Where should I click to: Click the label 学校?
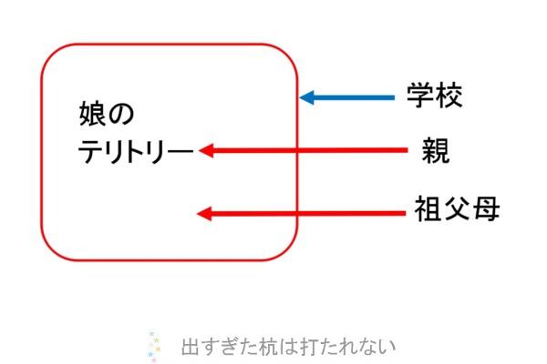click(x=435, y=95)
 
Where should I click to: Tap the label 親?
click(x=436, y=150)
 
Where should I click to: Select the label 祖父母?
click(x=457, y=208)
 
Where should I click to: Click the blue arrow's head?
click(x=307, y=97)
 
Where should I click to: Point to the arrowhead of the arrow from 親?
click(x=206, y=150)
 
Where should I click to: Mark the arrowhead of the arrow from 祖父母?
click(x=204, y=213)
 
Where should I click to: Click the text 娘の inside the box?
click(x=107, y=114)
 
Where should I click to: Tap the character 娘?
click(x=92, y=114)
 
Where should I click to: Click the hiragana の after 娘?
click(x=121, y=115)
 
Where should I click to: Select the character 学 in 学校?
click(x=420, y=95)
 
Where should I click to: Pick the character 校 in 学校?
click(x=449, y=95)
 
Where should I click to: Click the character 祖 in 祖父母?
click(x=428, y=208)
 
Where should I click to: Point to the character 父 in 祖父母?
click(x=457, y=208)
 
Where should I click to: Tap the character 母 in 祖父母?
click(x=486, y=208)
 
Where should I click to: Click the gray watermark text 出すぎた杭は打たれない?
click(x=288, y=346)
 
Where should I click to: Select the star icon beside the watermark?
click(x=154, y=346)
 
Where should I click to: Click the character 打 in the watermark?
click(x=308, y=346)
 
